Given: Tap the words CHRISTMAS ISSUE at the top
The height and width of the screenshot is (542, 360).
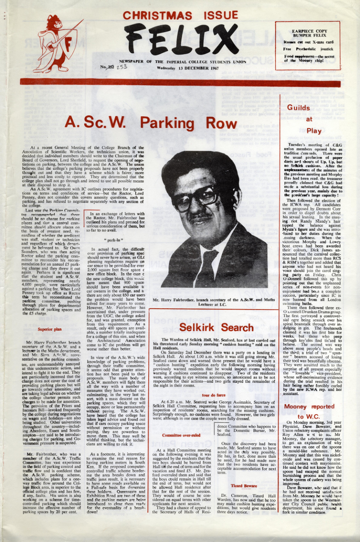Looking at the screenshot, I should [x=180, y=16].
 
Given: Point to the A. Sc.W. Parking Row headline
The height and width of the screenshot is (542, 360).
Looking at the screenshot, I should [x=151, y=122].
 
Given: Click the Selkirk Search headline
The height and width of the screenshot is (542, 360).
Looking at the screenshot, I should [x=216, y=327].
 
